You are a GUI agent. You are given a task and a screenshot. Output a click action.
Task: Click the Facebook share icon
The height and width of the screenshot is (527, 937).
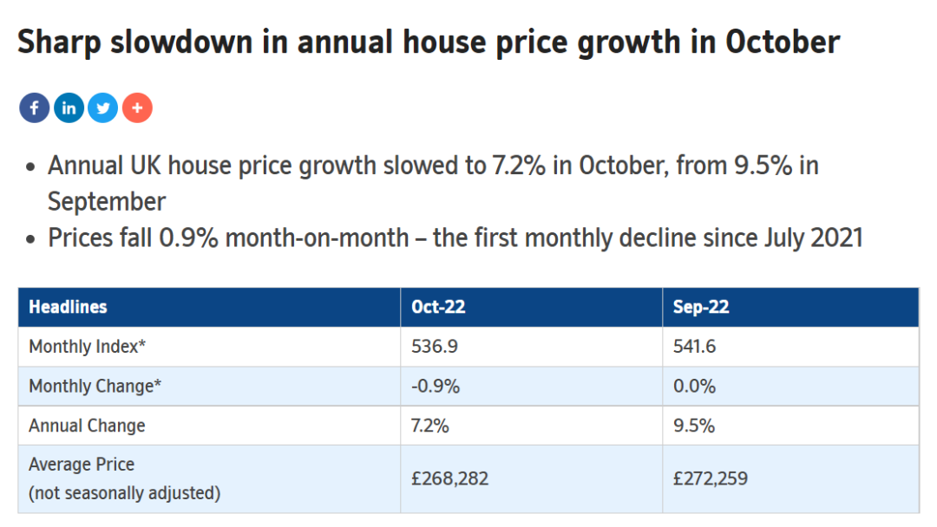tap(34, 108)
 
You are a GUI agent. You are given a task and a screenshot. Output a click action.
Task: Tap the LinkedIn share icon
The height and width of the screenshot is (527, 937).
tap(69, 108)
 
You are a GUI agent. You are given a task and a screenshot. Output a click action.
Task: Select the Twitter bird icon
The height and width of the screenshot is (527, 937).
tap(102, 108)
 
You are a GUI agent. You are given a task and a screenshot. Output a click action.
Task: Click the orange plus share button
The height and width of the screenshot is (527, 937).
tap(137, 108)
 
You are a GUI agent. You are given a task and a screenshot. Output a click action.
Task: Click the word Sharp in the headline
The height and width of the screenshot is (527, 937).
tap(59, 43)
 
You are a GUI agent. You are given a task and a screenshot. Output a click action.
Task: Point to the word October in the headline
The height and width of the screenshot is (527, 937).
tap(783, 42)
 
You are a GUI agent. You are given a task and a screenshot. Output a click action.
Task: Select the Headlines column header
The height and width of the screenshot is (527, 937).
tap(69, 307)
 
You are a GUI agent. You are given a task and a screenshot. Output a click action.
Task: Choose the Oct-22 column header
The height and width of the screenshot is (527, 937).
tap(438, 307)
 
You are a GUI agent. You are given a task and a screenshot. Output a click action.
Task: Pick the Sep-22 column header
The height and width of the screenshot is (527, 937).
tap(701, 308)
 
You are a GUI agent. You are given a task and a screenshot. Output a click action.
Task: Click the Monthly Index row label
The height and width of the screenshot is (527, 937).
tap(88, 346)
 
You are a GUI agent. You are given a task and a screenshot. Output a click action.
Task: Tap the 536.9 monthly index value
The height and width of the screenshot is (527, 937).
tap(435, 346)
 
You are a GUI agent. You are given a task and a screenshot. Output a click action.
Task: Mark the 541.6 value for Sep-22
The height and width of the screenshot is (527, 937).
tap(694, 346)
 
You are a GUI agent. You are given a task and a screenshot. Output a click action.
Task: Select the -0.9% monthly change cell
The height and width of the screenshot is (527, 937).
tap(436, 386)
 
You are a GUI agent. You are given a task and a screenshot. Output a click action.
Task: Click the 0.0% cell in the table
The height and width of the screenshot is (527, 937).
tap(694, 386)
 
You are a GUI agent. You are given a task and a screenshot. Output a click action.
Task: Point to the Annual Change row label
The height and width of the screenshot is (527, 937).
tap(88, 426)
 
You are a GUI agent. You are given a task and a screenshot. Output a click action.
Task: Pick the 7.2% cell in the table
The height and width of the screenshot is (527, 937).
tap(429, 426)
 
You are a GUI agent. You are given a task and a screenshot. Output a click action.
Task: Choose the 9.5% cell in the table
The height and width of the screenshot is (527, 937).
tap(694, 426)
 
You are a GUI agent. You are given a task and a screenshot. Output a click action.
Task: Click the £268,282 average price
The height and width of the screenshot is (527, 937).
tap(450, 478)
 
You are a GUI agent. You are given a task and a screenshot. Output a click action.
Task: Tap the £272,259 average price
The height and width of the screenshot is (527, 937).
tap(711, 478)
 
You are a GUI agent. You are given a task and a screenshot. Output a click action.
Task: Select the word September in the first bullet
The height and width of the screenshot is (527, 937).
tap(107, 202)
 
